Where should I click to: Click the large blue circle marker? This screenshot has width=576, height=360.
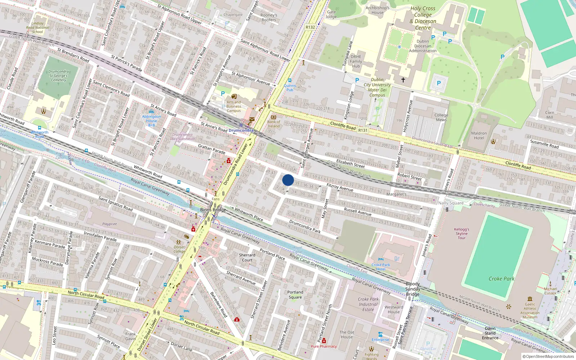[x=288, y=180]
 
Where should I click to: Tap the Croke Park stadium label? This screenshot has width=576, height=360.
[x=501, y=279]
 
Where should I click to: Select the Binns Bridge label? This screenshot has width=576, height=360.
[x=213, y=210]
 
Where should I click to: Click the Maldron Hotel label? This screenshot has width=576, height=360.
[x=479, y=135]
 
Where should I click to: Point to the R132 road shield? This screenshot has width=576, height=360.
[x=310, y=27]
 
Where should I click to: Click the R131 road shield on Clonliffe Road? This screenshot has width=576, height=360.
[x=363, y=130]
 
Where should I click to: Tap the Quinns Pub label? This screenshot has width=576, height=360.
[x=290, y=87]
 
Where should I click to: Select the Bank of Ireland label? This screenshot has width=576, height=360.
[x=274, y=124]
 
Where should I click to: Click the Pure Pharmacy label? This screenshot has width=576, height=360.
[x=324, y=346]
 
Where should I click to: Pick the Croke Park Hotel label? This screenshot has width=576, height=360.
[x=381, y=267]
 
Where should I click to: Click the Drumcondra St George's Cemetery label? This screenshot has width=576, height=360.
[x=58, y=76]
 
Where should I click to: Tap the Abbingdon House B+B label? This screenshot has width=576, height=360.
[x=152, y=121]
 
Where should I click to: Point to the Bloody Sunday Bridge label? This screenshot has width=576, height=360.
[x=413, y=289]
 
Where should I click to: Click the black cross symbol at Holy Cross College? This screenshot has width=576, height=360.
[x=403, y=80]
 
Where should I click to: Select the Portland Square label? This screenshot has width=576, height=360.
[x=295, y=294]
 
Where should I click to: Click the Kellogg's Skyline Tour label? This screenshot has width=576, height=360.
[x=462, y=233]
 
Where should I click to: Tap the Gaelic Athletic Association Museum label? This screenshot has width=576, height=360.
[x=530, y=310]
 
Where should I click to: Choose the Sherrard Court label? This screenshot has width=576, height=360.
[x=247, y=257]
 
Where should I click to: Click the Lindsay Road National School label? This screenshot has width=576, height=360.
[x=37, y=27]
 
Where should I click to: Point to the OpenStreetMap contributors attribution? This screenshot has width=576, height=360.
[x=548, y=356]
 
